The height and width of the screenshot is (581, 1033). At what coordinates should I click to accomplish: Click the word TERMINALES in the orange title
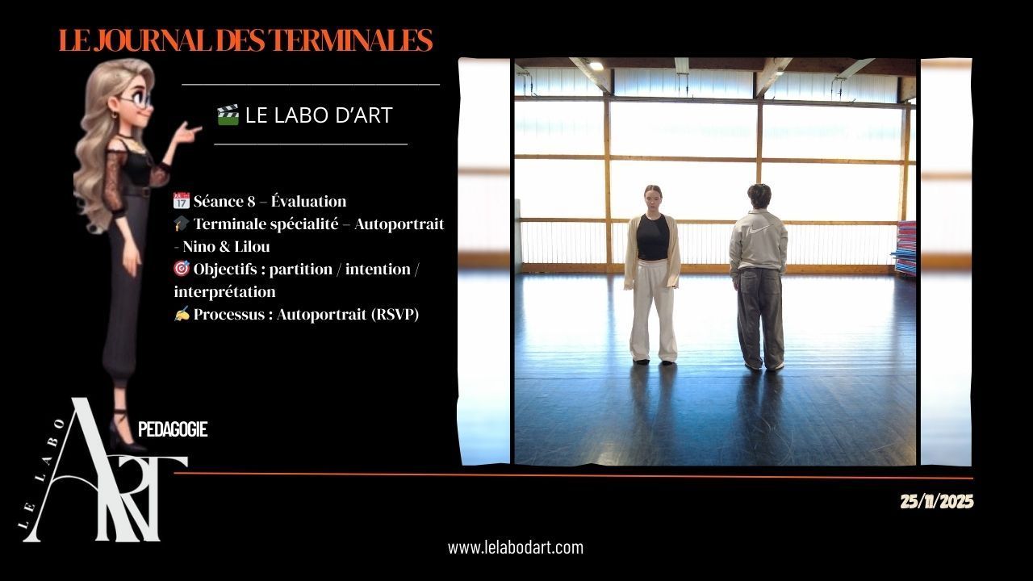[351, 40]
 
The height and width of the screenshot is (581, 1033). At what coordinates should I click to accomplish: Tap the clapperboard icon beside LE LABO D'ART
[228, 115]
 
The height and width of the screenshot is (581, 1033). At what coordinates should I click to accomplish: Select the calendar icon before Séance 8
[182, 201]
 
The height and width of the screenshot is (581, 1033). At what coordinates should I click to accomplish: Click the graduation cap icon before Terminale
[182, 224]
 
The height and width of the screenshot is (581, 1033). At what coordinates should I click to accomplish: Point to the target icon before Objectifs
[182, 269]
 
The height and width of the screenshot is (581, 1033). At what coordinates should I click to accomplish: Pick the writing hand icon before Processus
[182, 314]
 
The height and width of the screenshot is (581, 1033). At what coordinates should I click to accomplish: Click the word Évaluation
[308, 201]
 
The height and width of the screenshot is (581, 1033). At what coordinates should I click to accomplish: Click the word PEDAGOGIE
[173, 429]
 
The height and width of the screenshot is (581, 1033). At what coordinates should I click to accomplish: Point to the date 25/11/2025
[937, 501]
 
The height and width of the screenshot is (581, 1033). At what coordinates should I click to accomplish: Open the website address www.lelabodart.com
[516, 548]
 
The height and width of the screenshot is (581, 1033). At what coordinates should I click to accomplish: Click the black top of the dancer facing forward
[653, 237]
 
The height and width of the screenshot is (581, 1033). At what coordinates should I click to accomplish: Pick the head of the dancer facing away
[759, 196]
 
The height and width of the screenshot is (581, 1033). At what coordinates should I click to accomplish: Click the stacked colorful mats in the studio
[905, 248]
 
